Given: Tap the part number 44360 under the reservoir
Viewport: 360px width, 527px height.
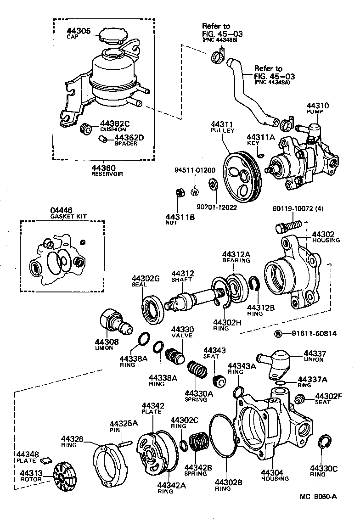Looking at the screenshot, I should [103, 168].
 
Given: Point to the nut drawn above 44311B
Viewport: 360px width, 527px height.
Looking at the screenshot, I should [180, 192].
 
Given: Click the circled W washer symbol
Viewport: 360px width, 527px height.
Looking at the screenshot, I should [194, 192].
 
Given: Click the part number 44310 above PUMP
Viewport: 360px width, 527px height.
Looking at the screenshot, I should [318, 106].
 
